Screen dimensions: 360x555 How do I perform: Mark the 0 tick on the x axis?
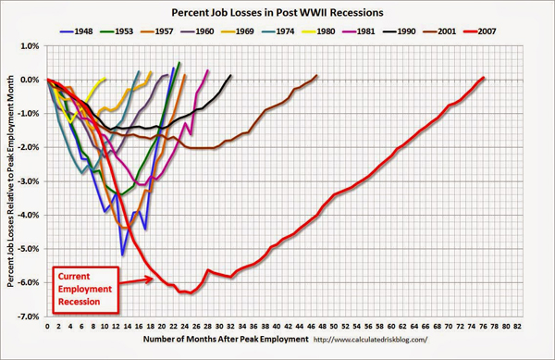pos(46,327)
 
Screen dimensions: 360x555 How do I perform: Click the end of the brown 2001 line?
pos(316,76)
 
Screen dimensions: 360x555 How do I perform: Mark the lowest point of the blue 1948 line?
pos(122,254)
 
